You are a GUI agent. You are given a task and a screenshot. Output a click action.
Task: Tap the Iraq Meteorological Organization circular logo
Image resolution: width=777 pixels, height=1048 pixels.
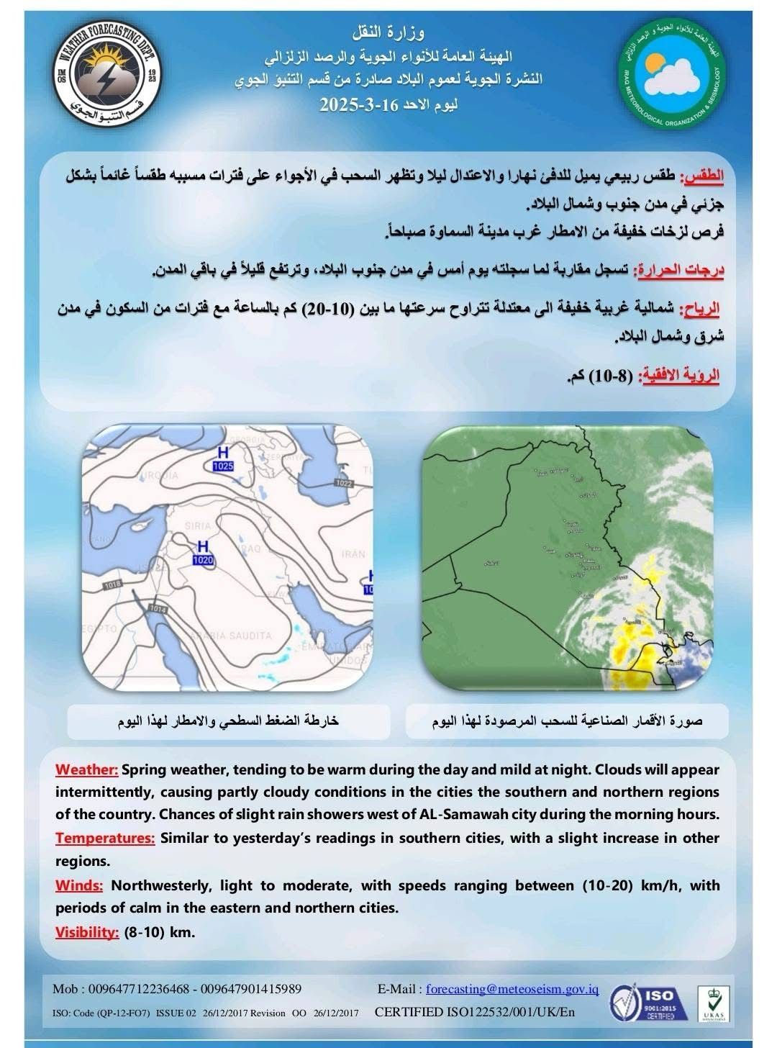point(672,76)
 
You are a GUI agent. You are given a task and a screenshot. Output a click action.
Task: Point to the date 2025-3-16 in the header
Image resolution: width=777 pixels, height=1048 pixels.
point(358,104)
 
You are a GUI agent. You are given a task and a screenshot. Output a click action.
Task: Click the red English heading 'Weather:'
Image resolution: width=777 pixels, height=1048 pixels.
point(87,769)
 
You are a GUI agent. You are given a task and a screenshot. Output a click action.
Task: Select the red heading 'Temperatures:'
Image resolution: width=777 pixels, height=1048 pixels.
point(105,838)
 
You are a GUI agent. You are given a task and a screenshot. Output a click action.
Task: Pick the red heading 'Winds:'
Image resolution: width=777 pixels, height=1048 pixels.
point(79,885)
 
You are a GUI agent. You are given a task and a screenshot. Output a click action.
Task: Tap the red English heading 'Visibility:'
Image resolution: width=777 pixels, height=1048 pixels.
point(87,932)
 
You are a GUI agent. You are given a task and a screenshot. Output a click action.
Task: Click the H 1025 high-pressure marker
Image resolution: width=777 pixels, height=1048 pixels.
point(223,458)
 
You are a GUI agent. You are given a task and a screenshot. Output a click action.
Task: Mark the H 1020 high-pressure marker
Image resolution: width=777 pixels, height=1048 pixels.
point(204,551)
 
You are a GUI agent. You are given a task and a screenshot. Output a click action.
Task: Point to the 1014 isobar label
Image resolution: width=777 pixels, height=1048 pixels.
point(158,609)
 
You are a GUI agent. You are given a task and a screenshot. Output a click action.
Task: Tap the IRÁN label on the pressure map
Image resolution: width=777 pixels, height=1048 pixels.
point(353,554)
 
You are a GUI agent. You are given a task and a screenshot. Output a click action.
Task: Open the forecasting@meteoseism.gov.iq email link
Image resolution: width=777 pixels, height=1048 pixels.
point(512,989)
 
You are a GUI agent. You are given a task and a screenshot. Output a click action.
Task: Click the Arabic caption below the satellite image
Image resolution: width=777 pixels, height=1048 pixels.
point(567,721)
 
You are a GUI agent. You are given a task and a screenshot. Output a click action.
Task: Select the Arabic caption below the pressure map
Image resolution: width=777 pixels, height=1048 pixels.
point(229,721)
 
